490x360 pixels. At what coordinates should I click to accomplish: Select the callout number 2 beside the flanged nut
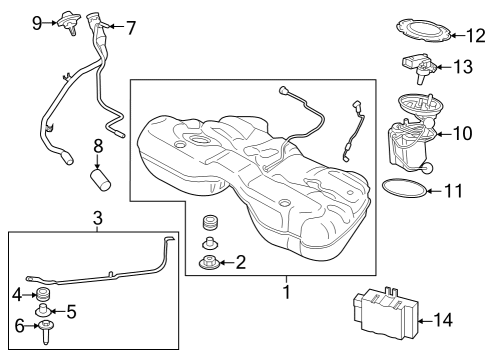240,263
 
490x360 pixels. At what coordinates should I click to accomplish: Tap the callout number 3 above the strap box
97,217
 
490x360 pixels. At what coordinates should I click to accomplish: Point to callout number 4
15,294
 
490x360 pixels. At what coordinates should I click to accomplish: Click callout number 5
70,311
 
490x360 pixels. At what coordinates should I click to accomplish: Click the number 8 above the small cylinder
97,145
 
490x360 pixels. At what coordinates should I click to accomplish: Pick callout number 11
453,188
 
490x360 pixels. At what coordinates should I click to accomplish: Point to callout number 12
474,35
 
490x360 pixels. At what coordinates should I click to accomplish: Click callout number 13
463,68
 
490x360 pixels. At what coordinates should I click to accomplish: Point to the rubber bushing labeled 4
44,294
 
